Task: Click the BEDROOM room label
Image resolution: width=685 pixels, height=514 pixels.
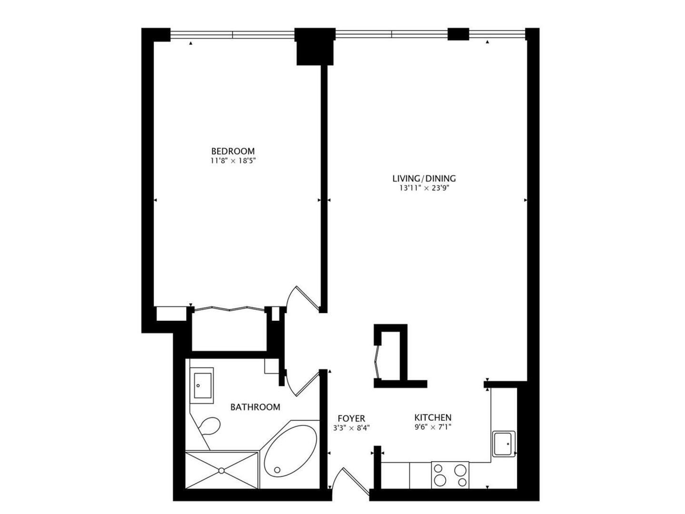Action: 233,151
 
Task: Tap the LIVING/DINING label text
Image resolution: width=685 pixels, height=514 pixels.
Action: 424,178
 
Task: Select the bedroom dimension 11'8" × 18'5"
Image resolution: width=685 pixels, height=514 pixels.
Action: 233,161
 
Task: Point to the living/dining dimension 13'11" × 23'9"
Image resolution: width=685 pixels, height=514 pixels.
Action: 424,188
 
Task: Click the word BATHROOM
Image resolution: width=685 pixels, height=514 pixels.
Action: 255,407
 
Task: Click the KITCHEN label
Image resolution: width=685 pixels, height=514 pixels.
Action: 432,417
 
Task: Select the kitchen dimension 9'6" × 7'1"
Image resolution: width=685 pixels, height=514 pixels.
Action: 432,427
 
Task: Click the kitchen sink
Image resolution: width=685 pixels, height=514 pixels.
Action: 503,444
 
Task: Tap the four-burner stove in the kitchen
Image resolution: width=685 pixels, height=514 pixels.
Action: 450,475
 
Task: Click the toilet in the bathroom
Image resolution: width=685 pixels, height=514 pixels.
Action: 208,426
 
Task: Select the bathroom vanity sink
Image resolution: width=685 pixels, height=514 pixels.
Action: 203,385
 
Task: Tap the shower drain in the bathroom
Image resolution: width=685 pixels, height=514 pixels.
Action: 221,470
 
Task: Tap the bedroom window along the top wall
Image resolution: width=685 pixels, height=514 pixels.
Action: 232,34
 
